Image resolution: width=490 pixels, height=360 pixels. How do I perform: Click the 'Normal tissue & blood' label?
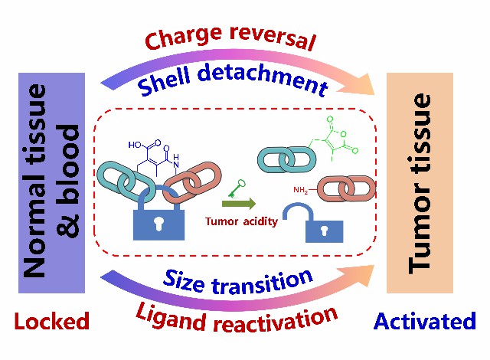(52, 182)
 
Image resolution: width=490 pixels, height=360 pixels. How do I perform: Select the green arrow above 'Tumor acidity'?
(239, 204)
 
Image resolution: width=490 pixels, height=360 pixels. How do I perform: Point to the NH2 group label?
(301, 189)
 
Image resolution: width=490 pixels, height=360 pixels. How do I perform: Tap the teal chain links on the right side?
(283, 158)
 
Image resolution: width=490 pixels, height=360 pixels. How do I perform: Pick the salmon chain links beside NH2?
(345, 188)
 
